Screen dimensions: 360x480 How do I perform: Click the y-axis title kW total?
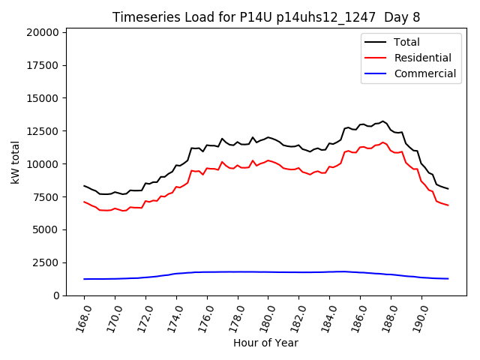pos(16,161)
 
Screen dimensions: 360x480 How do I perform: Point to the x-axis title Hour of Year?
pos(265,343)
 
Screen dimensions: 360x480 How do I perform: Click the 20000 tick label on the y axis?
pos(41,32)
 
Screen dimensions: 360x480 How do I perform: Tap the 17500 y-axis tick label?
pos(41,65)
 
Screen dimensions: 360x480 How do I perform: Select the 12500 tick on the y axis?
pos(41,131)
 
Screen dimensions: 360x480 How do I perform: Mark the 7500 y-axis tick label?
pos(44,197)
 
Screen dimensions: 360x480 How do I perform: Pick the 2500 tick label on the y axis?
pos(44,262)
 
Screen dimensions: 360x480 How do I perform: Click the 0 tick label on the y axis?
pos(55,295)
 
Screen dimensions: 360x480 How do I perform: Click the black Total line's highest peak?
pos(382,121)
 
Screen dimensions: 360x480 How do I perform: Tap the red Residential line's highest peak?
pos(382,142)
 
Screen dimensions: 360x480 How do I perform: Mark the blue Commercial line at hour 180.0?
pos(268,271)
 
